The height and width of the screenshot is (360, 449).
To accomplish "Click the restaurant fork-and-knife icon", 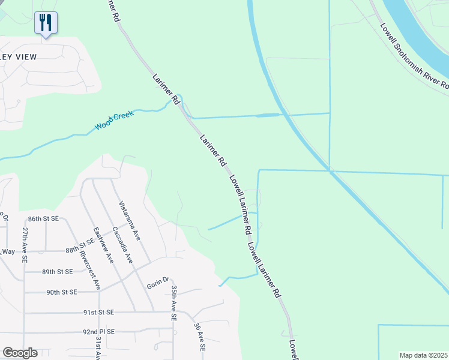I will click(x=46, y=23).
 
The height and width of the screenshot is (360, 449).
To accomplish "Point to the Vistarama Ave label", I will click(x=130, y=221).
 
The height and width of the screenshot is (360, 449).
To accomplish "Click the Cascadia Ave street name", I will click(x=122, y=246).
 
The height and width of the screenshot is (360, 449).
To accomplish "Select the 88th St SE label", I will click(x=82, y=250).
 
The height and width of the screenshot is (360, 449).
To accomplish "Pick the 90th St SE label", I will click(x=62, y=292).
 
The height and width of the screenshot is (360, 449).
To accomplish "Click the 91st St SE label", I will click(x=98, y=313).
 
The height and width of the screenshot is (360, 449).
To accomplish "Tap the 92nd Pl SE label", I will click(x=100, y=331).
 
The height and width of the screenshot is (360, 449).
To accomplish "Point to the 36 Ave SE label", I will click(x=199, y=338).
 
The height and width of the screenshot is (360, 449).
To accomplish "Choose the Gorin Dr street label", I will click(x=158, y=283).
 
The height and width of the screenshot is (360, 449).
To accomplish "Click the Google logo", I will click(x=20, y=353).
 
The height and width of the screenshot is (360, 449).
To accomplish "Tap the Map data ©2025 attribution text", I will click(x=424, y=355).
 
